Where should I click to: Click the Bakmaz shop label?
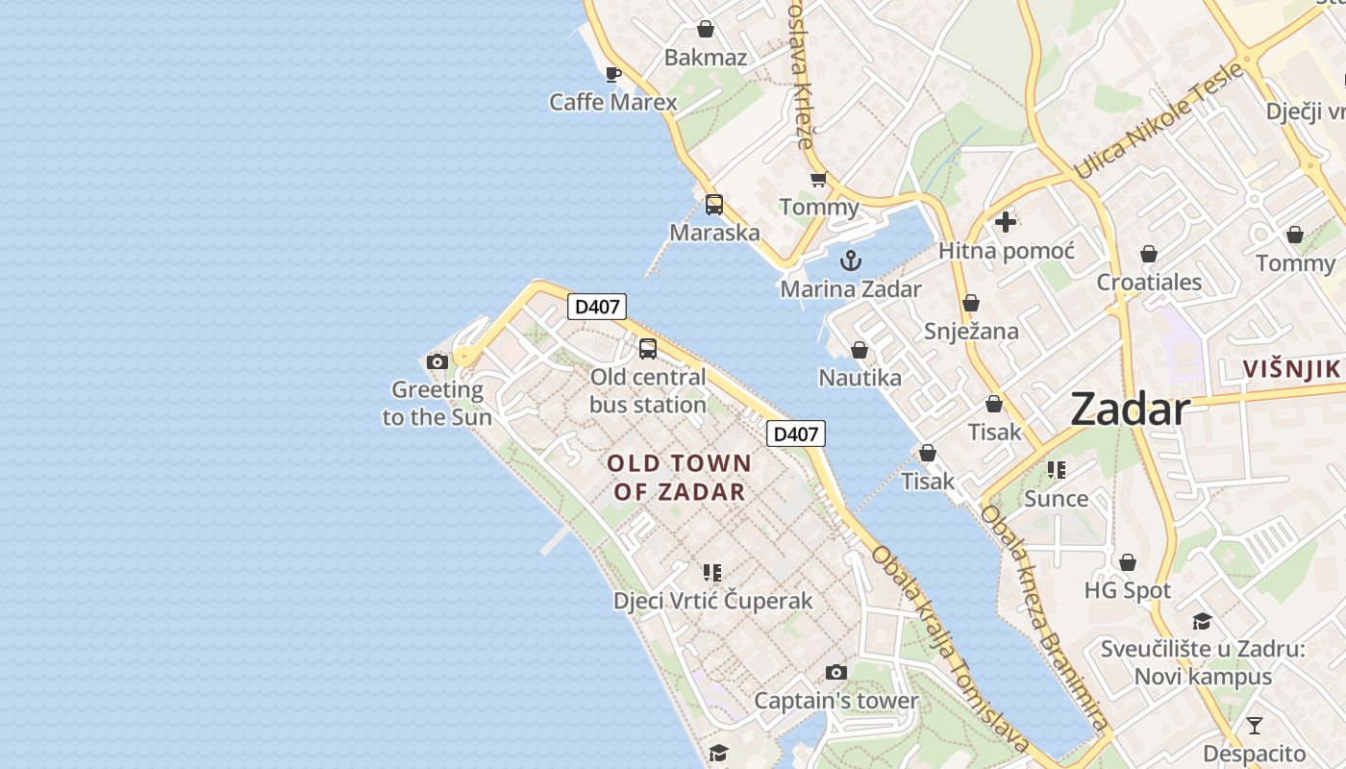[x=706, y=58]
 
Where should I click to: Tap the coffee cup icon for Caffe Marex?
[x=613, y=74]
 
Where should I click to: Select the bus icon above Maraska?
[x=714, y=204]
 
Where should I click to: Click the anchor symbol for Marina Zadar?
[x=850, y=260]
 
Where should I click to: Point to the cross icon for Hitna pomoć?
[x=1006, y=222]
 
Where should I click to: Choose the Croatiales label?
[x=1149, y=282]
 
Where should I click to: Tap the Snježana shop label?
[x=971, y=331]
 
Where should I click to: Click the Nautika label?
[x=860, y=378]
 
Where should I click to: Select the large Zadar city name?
[x=1130, y=409]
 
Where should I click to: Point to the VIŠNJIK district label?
[x=1290, y=368]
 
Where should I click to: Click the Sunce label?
[x=1057, y=499]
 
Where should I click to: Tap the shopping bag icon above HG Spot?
[x=1128, y=561]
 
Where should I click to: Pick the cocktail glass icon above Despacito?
[x=1254, y=725]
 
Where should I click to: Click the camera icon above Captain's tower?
[x=836, y=672]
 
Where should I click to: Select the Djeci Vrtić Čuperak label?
[x=712, y=601]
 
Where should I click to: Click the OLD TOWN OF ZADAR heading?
[x=680, y=478]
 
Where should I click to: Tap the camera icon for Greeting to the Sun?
[x=437, y=361]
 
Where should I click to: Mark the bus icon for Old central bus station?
[x=648, y=348]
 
